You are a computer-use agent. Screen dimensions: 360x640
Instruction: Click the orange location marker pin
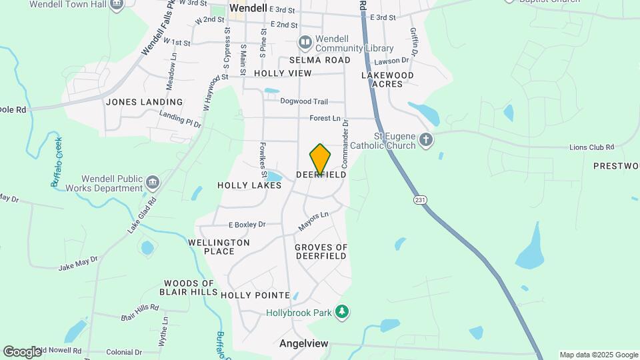tap(321, 159)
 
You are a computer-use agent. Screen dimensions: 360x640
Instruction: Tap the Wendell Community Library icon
tap(305, 43)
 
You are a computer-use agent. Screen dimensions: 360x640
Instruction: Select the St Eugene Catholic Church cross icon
tap(426, 140)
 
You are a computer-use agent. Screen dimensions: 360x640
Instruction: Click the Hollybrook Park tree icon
tap(342, 311)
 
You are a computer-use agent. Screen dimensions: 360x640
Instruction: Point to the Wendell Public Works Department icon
tap(153, 183)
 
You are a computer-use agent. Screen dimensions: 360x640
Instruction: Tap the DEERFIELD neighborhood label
tap(321, 175)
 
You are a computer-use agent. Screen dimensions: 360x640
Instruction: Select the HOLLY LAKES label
tap(245, 185)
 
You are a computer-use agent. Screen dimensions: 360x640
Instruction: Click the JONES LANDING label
tap(144, 102)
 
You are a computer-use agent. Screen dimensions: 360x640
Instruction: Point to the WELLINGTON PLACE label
tap(219, 247)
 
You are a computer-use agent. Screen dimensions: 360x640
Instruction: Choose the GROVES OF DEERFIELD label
tap(321, 251)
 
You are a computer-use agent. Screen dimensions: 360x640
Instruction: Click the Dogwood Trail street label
tap(304, 101)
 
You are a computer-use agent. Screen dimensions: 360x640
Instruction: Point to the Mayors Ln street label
tap(313, 221)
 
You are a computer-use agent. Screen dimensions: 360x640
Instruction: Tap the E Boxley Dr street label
tap(247, 225)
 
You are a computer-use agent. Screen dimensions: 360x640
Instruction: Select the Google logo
tap(23, 351)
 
